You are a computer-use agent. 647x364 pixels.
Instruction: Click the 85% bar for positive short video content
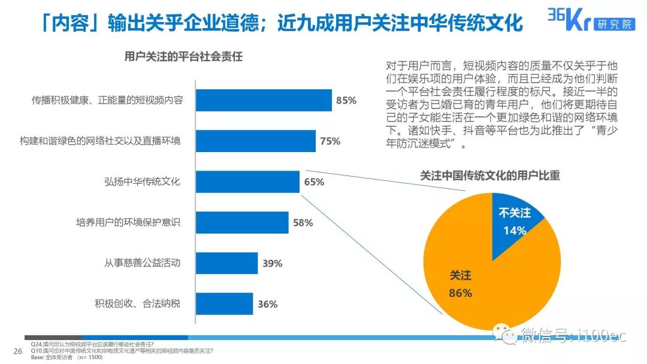click(x=264, y=101)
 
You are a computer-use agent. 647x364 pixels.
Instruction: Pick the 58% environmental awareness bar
click(x=242, y=223)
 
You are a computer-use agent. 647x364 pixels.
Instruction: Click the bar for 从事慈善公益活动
click(x=227, y=263)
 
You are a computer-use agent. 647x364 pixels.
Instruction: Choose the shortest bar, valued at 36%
click(x=225, y=304)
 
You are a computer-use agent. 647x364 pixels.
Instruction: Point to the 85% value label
click(x=346, y=101)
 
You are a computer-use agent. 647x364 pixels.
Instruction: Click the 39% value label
click(x=272, y=263)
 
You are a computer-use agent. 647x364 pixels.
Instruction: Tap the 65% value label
click(x=314, y=182)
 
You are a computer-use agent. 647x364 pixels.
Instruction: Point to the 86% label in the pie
click(x=460, y=293)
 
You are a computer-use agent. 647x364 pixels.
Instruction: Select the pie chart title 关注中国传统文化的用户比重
click(x=489, y=175)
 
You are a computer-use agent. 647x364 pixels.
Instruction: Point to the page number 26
click(x=17, y=351)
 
